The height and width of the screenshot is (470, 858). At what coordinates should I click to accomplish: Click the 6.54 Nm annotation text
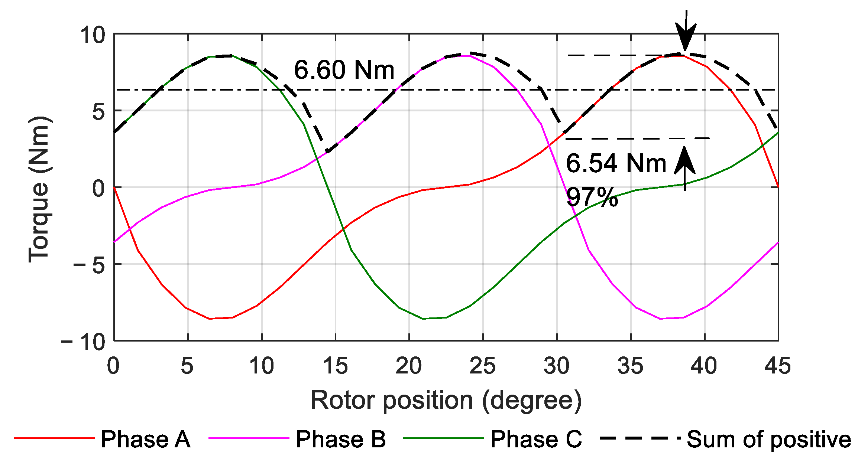coord(616,163)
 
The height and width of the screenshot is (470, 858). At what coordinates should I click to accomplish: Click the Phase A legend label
coord(145,440)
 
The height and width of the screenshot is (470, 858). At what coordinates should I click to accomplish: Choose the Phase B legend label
coord(340,440)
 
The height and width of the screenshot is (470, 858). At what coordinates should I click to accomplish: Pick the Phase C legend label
coord(536,440)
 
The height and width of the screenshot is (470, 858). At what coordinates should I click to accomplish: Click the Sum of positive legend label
coord(768,440)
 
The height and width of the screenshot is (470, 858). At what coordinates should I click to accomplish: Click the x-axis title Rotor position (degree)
coord(446,401)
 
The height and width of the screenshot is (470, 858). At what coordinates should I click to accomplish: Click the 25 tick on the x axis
coord(483,366)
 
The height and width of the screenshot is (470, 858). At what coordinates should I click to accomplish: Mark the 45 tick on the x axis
coord(777,366)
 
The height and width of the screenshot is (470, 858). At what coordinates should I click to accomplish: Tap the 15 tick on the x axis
coord(335,366)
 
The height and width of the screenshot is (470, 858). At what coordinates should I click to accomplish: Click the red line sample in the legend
coord(54,438)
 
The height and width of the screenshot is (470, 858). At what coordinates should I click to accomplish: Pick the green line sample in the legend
coord(443,438)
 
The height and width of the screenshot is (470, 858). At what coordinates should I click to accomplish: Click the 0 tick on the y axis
coord(99,189)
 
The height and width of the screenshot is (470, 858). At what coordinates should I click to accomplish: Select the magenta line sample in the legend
coord(249,438)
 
